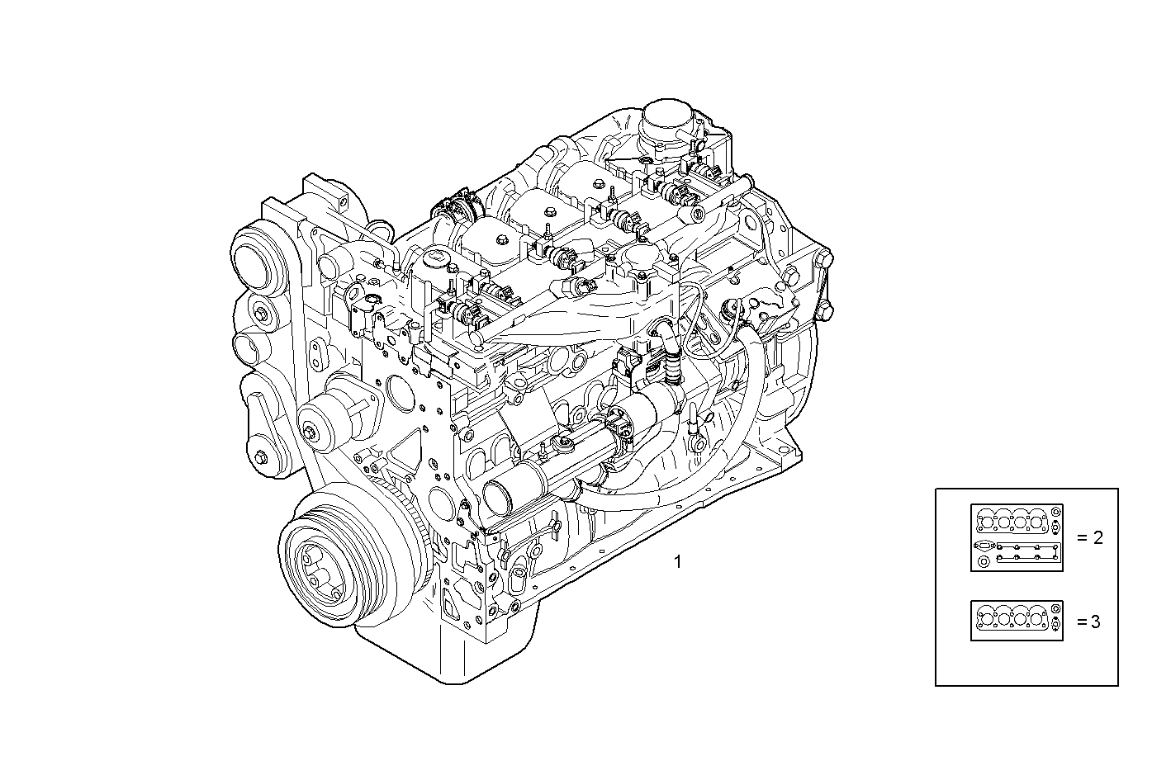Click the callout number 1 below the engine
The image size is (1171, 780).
(677, 562)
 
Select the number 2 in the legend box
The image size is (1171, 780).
(1097, 537)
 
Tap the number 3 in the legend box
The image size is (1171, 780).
(1095, 622)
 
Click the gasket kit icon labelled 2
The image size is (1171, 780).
(1017, 537)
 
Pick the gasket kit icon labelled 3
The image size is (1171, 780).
(1017, 621)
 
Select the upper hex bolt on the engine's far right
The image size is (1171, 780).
(823, 262)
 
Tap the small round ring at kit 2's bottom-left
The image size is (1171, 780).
(983, 562)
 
